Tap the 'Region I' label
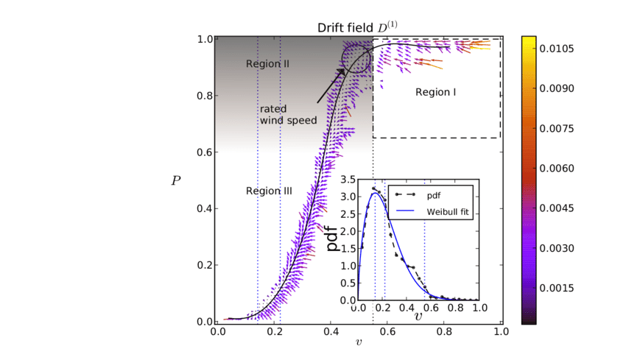(x=436, y=93)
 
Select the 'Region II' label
(x=267, y=64)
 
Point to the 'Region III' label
(x=269, y=191)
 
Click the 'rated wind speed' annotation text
(x=288, y=115)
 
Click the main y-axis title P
(x=176, y=180)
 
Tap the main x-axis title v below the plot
(x=359, y=343)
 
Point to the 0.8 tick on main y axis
(x=205, y=96)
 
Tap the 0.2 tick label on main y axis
(x=205, y=266)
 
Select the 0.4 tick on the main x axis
(x=331, y=332)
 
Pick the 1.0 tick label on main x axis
(x=500, y=332)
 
